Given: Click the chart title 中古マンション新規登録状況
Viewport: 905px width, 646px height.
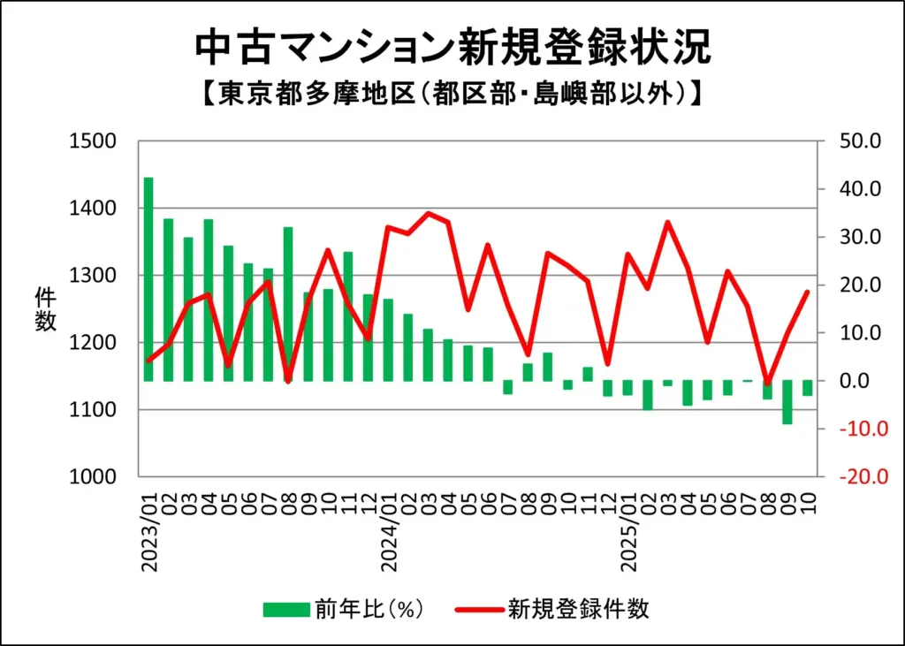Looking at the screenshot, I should (x=452, y=48).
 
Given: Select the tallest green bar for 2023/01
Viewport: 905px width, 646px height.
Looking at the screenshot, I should (x=148, y=279).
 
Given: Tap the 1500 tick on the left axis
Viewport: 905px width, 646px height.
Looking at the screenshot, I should (x=92, y=141).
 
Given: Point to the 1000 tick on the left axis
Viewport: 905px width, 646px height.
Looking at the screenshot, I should (x=92, y=476).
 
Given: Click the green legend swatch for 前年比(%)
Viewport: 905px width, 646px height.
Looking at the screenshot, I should (x=286, y=609).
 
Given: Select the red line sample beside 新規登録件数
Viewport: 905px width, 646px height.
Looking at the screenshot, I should (x=478, y=609).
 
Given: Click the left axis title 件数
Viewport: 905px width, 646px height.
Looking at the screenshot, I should (x=46, y=309).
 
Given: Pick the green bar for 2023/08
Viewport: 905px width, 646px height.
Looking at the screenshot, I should (x=288, y=304).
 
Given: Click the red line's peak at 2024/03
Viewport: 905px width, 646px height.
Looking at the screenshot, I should (x=429, y=213).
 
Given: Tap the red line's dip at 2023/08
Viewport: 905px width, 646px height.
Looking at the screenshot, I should (x=288, y=381).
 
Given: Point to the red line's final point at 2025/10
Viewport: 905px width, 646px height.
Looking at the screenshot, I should (x=807, y=292).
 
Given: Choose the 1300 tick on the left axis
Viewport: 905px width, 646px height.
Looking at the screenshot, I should (x=92, y=276).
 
